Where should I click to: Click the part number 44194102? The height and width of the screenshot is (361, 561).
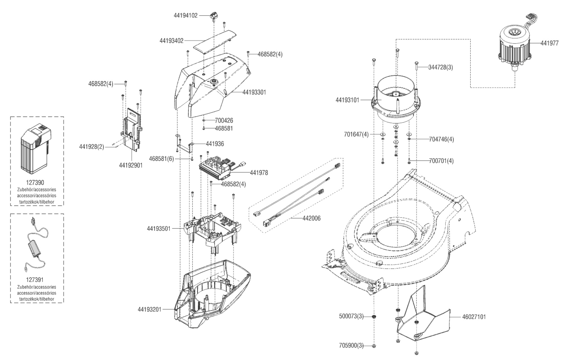(185, 16)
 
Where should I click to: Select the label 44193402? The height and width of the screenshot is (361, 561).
(171, 41)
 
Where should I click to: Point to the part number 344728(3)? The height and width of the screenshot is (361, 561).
(440, 67)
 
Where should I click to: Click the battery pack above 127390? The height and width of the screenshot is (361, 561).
(36, 150)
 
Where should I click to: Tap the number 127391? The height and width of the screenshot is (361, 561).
(35, 280)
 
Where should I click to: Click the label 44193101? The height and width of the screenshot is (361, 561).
(347, 100)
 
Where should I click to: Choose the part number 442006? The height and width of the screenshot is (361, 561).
(311, 218)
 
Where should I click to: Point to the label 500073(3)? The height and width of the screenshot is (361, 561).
(351, 316)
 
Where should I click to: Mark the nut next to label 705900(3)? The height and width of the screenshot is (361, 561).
(374, 346)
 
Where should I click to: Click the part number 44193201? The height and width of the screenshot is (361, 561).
(149, 309)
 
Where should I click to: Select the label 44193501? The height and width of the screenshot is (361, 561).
(159, 228)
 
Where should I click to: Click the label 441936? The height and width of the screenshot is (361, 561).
(215, 144)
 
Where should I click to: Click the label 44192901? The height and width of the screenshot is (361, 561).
(131, 165)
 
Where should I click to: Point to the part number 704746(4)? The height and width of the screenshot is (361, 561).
(441, 139)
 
